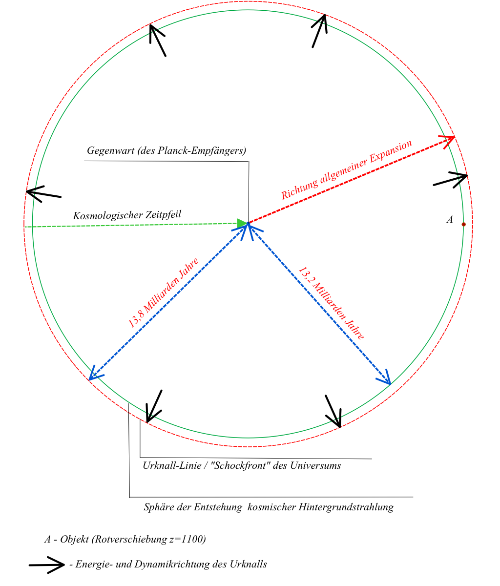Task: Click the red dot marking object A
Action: click(x=463, y=224)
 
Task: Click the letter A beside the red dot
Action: click(x=450, y=220)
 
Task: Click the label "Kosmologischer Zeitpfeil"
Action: click(x=127, y=215)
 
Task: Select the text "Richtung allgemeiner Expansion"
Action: click(x=347, y=170)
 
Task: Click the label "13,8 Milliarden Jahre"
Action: click(x=163, y=293)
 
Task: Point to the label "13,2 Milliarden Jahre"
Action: click(x=332, y=303)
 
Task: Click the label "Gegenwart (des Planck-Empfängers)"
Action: click(x=167, y=151)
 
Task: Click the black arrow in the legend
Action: click(x=47, y=565)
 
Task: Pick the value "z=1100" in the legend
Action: click(x=188, y=540)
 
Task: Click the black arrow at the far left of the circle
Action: click(x=43, y=193)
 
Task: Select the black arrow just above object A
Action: click(x=450, y=179)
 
